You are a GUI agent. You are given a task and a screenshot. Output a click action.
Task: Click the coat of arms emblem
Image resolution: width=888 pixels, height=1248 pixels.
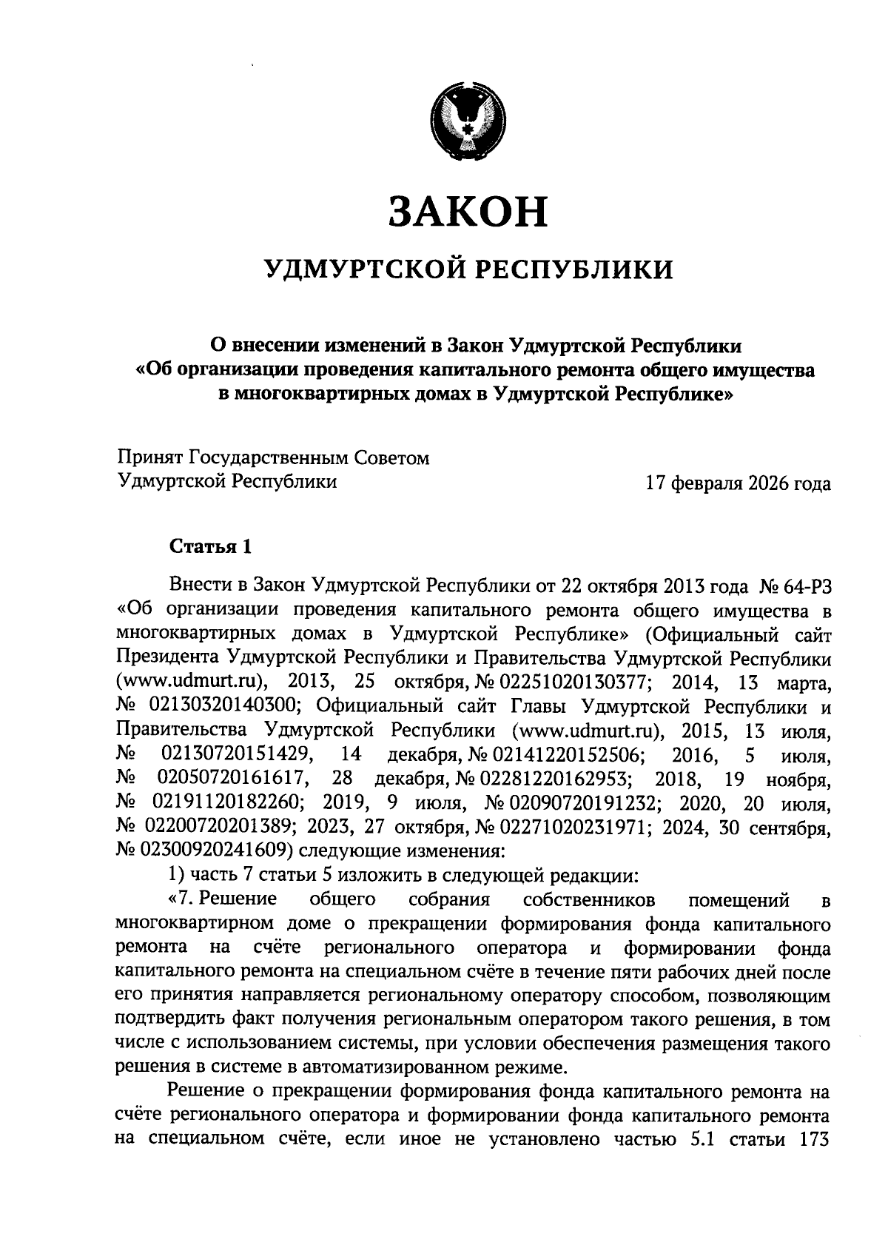click(468, 118)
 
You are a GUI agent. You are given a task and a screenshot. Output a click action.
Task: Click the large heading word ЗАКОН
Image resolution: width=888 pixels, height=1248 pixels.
click(468, 212)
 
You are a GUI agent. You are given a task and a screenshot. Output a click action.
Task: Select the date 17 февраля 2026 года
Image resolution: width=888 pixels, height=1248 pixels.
click(738, 484)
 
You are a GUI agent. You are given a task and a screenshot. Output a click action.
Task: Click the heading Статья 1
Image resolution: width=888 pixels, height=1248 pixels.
click(212, 547)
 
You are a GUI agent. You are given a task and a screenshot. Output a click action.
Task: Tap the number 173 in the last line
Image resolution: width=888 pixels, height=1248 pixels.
click(813, 1139)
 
